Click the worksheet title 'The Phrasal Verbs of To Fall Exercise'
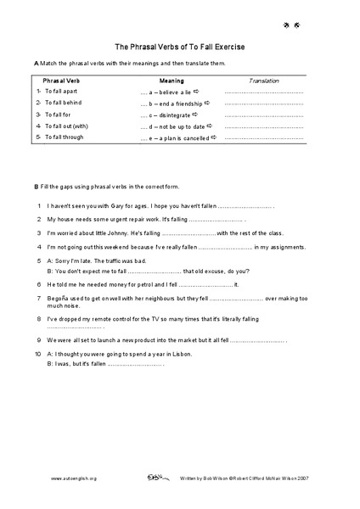pyautogui.click(x=180, y=48)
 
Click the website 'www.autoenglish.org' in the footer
pyautogui.click(x=74, y=478)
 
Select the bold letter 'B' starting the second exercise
pyautogui.click(x=36, y=187)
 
